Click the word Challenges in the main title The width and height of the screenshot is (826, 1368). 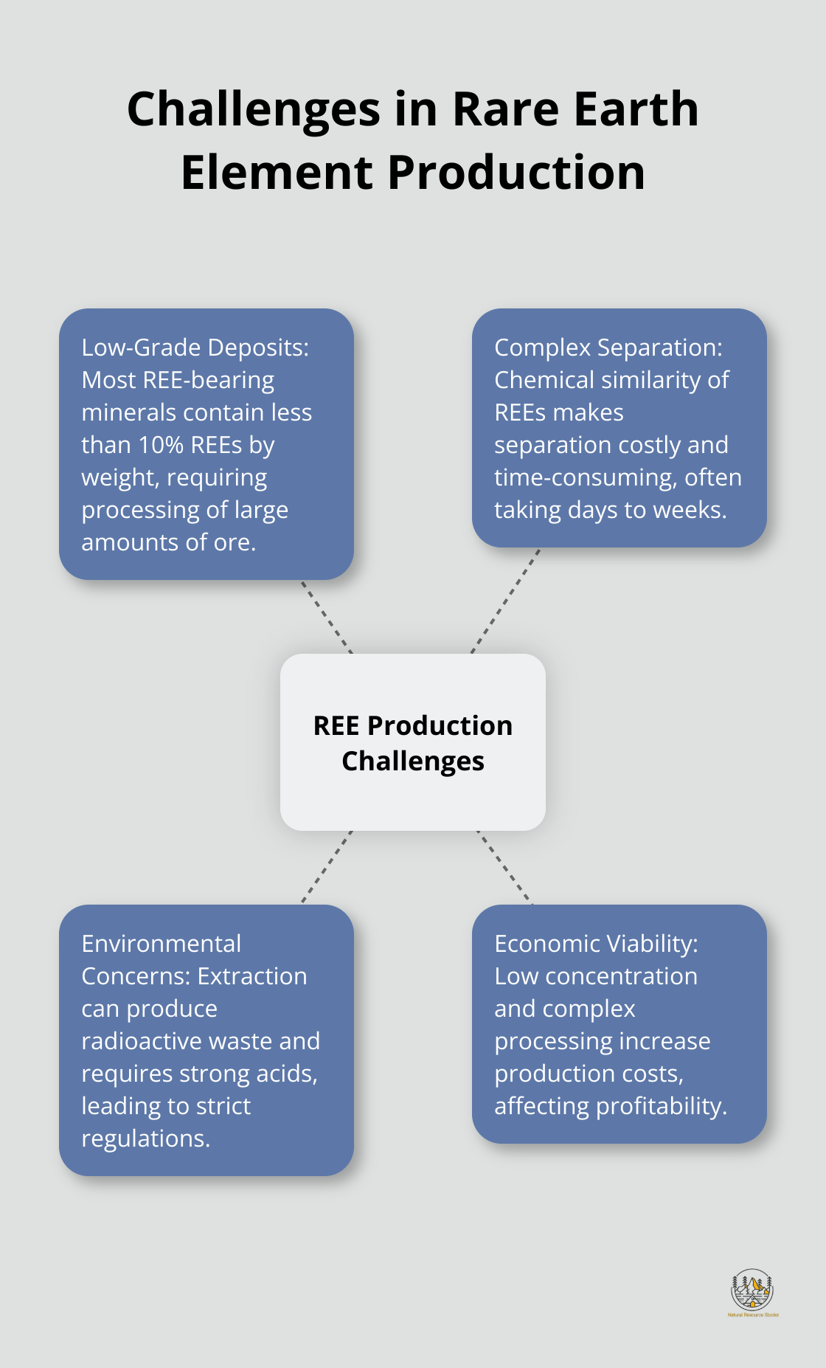254,110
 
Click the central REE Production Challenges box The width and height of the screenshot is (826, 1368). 413,742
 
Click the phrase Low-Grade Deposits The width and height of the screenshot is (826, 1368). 195,348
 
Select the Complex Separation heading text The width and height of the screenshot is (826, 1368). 608,348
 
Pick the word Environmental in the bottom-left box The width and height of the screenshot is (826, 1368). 162,944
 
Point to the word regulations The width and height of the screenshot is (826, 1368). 145,1139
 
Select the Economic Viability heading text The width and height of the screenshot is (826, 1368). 596,944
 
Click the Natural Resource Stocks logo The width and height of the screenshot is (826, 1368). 752,1292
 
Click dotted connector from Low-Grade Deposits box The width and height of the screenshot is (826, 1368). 327,617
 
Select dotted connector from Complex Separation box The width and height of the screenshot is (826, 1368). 506,601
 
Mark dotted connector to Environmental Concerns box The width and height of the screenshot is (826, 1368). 327,867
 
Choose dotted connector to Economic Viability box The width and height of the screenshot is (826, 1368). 504,867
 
